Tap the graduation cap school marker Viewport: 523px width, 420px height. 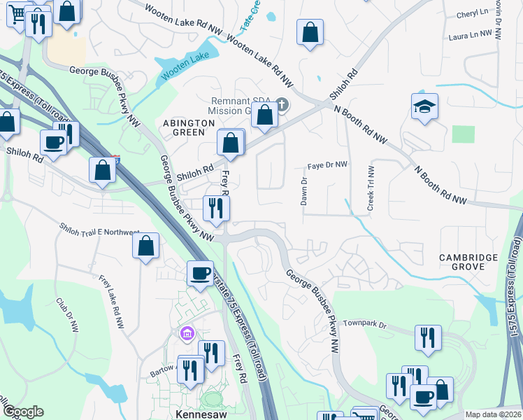[424, 106]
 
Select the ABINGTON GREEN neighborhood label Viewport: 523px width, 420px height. [188, 128]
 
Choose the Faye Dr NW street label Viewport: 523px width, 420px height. [327, 165]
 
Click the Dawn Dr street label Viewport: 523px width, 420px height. [304, 190]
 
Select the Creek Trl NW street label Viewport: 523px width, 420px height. [371, 188]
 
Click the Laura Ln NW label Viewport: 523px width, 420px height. [468, 34]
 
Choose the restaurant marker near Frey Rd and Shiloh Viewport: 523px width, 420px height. [216, 208]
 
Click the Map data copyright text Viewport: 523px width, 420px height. [494, 414]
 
